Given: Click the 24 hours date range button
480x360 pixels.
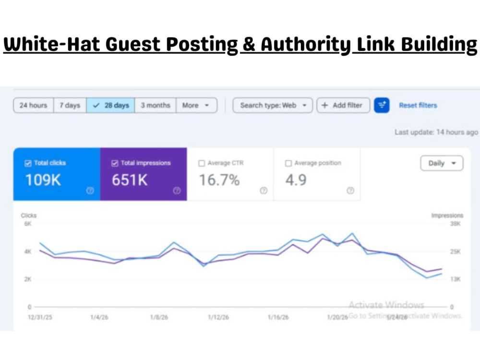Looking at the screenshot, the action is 34,105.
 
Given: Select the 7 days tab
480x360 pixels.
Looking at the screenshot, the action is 70,105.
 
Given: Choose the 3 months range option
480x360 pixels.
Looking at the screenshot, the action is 156,105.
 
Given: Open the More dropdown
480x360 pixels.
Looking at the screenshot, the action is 196,105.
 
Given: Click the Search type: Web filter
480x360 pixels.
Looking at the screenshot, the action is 273,105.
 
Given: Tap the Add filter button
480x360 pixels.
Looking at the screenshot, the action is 343,105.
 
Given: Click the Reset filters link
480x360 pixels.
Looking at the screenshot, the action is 418,105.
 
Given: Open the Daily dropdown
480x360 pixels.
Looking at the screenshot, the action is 442,163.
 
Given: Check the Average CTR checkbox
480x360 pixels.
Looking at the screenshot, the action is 202,163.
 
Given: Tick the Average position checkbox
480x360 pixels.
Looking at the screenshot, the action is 288,163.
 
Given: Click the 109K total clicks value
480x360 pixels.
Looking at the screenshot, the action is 43,180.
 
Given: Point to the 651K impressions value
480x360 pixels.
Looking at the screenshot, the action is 130,180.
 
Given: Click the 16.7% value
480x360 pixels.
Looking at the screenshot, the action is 219,180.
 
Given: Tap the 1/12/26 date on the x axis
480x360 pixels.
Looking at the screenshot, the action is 218,317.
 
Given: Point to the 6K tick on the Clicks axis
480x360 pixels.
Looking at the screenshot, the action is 28,224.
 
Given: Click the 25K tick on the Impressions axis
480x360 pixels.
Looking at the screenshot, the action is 455,252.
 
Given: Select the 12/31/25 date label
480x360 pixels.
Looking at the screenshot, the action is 40,317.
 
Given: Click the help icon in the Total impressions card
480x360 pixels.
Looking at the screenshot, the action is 177,191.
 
